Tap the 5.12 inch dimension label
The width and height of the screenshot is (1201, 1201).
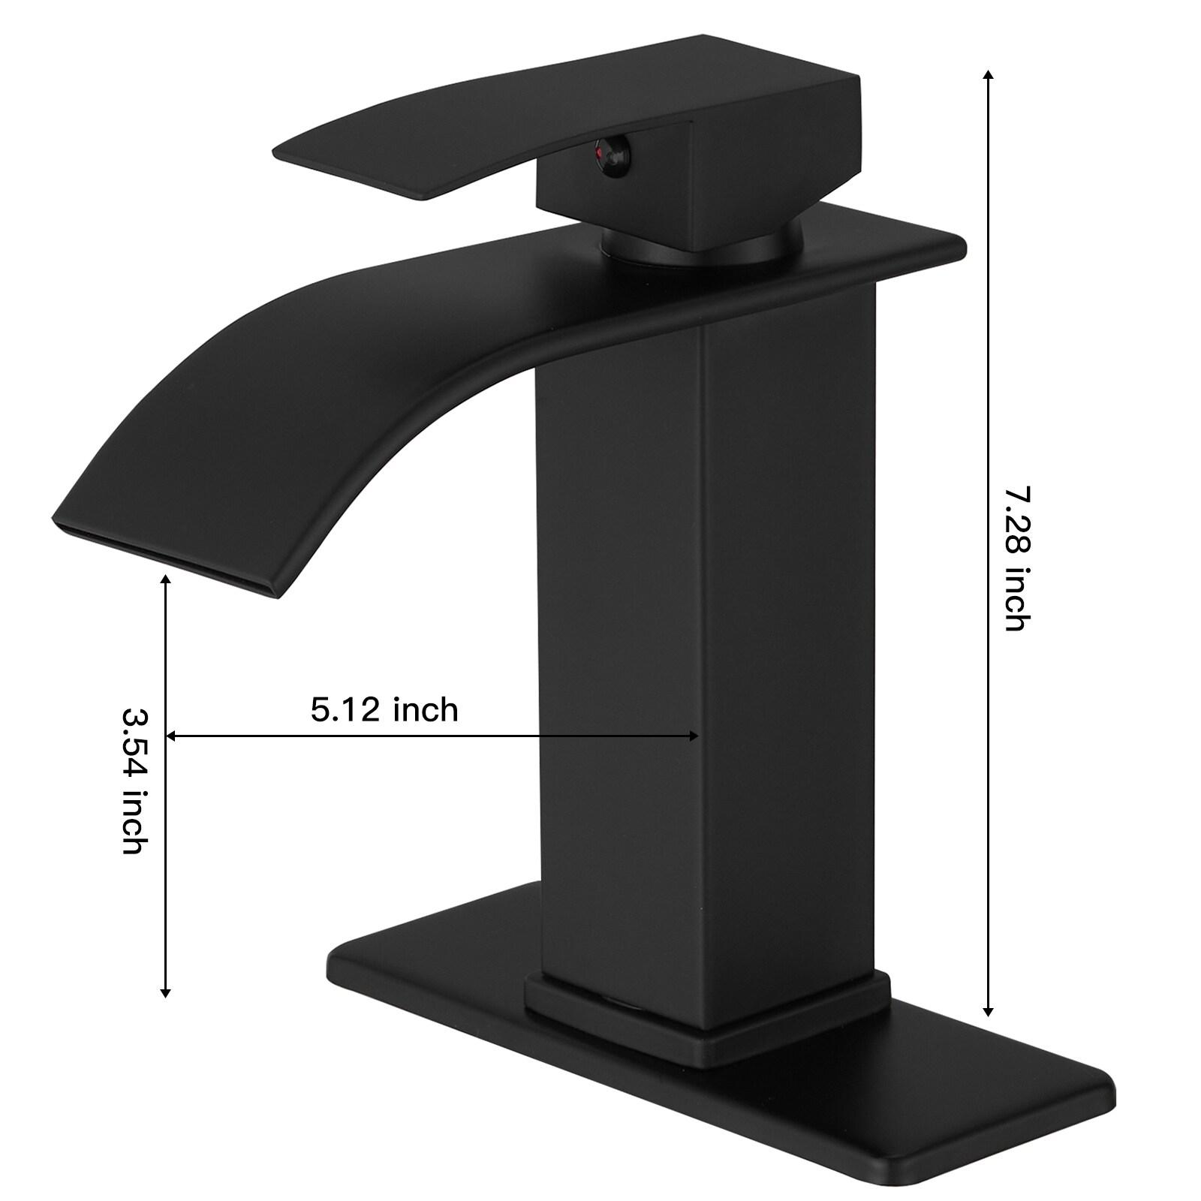click(384, 709)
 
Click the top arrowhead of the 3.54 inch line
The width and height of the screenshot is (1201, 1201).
click(166, 580)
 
